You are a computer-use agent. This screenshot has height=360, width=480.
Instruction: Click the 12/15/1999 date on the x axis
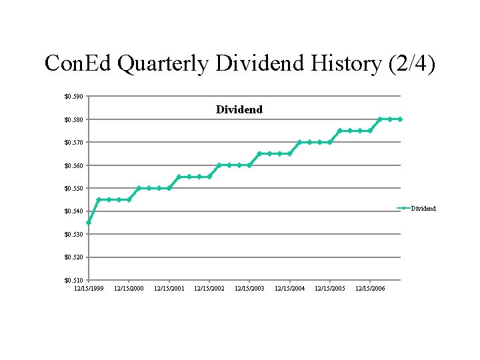[89, 288]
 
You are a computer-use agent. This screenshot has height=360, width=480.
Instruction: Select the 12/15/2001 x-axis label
[169, 288]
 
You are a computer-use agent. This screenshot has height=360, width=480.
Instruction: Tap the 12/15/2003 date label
[249, 288]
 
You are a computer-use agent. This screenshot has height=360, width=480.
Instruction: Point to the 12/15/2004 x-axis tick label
[289, 288]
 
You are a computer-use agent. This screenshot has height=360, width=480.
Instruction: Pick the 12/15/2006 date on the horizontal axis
[370, 288]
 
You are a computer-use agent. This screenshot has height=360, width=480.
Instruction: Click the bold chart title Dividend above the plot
[239, 109]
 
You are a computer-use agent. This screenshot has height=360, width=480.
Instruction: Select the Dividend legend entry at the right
[423, 209]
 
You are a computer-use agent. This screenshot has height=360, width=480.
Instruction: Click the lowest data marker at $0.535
[89, 222]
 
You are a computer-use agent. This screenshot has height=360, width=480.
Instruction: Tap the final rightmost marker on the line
[400, 119]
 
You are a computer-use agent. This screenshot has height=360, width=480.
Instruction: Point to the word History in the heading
[346, 64]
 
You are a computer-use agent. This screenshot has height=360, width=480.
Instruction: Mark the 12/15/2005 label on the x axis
[330, 288]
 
